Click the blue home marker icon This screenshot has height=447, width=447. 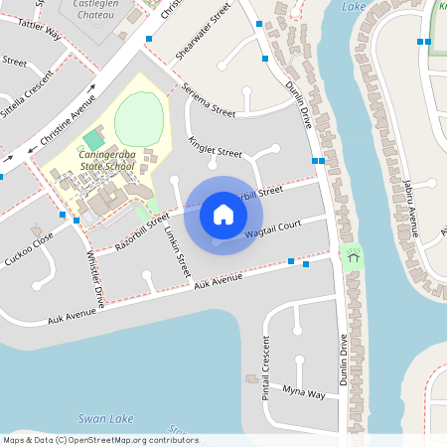[223, 215]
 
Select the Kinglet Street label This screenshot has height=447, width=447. [216, 148]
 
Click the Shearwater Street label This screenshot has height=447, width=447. [203, 32]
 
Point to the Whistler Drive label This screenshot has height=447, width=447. [95, 278]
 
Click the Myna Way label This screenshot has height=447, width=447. [303, 393]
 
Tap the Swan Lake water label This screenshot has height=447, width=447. [105, 419]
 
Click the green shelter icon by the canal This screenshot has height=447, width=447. [352, 255]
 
